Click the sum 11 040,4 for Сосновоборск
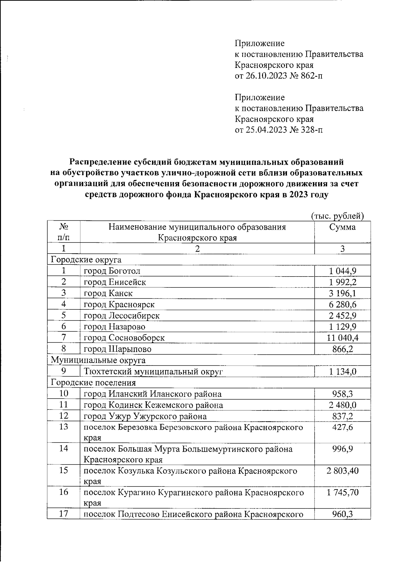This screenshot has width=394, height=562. click(x=342, y=338)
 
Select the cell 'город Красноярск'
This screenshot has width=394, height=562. click(x=119, y=304)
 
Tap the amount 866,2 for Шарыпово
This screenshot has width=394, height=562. click(x=342, y=349)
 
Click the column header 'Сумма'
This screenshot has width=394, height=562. click(x=342, y=227)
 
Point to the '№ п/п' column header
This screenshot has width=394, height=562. click(x=64, y=232)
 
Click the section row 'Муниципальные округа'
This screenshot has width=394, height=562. click(x=98, y=360)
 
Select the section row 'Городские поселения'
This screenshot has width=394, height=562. click(x=93, y=383)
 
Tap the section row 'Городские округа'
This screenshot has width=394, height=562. click(x=86, y=260)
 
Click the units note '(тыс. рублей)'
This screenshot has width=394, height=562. click(x=337, y=216)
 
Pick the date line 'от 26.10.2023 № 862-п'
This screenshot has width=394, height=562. click(x=279, y=76)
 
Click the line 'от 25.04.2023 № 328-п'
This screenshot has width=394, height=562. click(x=279, y=130)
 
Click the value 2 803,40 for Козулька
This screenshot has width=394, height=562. click(x=342, y=471)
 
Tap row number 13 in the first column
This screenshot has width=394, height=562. click(x=64, y=427)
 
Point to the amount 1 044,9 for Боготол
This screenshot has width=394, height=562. click(x=342, y=271)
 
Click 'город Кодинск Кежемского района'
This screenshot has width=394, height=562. click(x=153, y=405)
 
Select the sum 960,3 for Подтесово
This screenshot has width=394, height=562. click(x=342, y=514)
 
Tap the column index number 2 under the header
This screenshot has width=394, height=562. click(x=197, y=249)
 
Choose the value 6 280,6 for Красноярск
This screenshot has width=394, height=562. click(x=342, y=304)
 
